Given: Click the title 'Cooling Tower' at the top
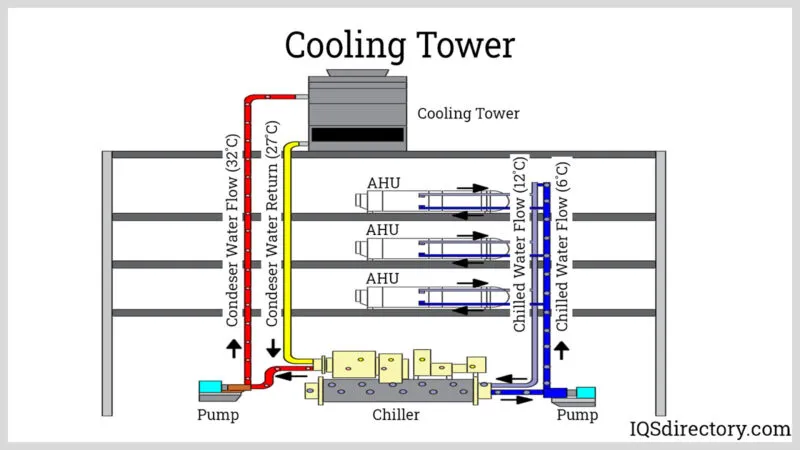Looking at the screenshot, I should tap(400, 45).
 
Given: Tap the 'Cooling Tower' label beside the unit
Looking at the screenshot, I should tap(468, 114).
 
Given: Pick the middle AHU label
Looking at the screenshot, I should tap(383, 231).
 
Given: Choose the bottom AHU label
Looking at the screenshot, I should tap(383, 278).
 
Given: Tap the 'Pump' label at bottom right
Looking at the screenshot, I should tap(577, 414).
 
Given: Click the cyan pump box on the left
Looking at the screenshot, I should tap(212, 387).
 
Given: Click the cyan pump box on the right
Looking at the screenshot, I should tap(586, 392).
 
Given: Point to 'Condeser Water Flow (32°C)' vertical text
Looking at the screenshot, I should tap(232, 228).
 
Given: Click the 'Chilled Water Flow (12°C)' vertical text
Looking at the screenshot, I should tap(520, 243).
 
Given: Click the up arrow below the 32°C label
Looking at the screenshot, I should tap(232, 348).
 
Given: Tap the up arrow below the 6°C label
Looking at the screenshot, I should tap(562, 350).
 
